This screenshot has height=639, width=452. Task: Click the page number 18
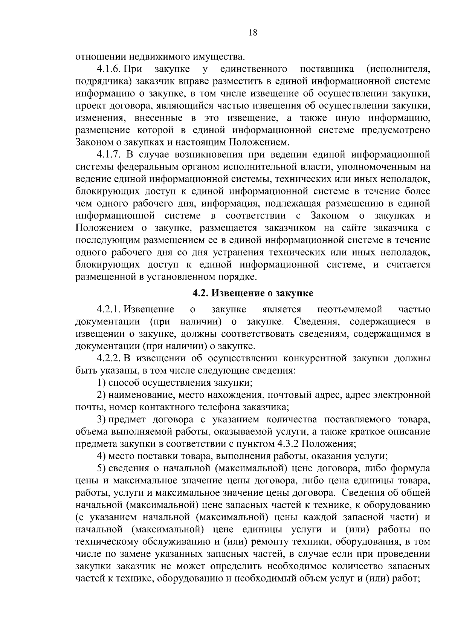pos(253,33)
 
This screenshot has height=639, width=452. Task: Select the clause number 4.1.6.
pos(108,69)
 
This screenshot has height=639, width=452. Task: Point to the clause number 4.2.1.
pos(108,310)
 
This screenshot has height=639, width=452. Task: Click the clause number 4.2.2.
pos(108,358)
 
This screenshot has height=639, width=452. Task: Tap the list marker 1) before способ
pos(101,383)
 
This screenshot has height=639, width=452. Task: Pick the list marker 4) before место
pos(101,456)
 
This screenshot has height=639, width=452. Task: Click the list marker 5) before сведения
pos(101,468)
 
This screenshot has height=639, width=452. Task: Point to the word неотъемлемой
pos(350,310)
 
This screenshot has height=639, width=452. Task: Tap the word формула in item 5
pos(411,468)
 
